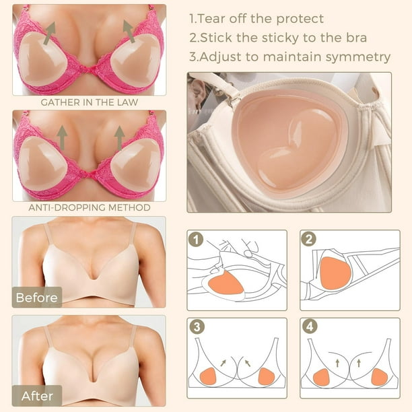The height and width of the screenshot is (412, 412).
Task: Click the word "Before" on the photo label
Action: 36,298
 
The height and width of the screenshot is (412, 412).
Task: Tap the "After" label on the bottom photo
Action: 37,396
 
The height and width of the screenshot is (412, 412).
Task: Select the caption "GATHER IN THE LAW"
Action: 90,102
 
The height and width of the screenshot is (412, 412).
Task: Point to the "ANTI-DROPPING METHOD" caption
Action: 90,207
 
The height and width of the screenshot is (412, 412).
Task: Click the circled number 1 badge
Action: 196,240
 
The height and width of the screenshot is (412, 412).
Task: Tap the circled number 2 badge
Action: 309,239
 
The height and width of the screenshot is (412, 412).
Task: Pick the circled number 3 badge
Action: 197,327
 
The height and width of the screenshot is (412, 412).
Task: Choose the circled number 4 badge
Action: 310,327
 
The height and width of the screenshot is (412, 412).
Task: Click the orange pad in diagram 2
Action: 335,273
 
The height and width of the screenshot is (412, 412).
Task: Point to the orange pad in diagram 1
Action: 226,283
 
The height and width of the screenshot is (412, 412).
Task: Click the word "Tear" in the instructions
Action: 211,19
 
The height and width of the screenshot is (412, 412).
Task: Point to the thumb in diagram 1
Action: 249,252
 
